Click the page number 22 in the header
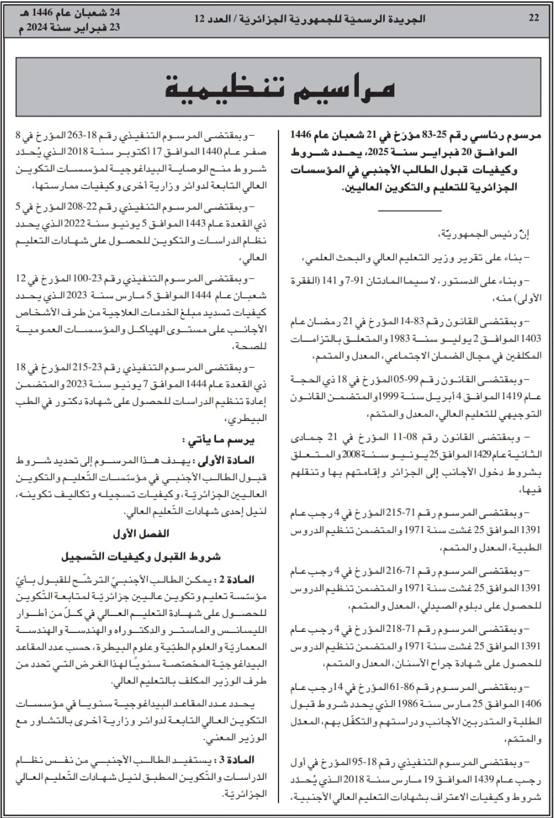[533, 18]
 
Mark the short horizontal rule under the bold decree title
[409, 210]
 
